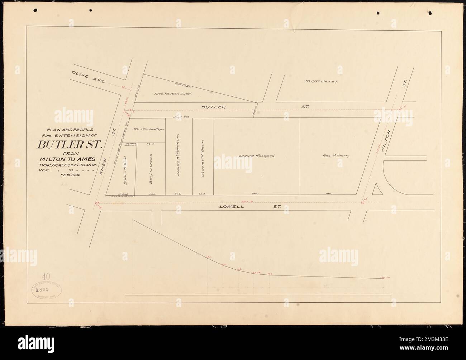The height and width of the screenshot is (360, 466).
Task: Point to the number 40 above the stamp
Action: pyautogui.click(x=46, y=276)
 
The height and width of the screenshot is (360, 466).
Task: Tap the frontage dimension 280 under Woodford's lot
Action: pyautogui.click(x=255, y=193)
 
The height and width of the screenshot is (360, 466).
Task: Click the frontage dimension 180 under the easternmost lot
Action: pyautogui.click(x=329, y=193)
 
